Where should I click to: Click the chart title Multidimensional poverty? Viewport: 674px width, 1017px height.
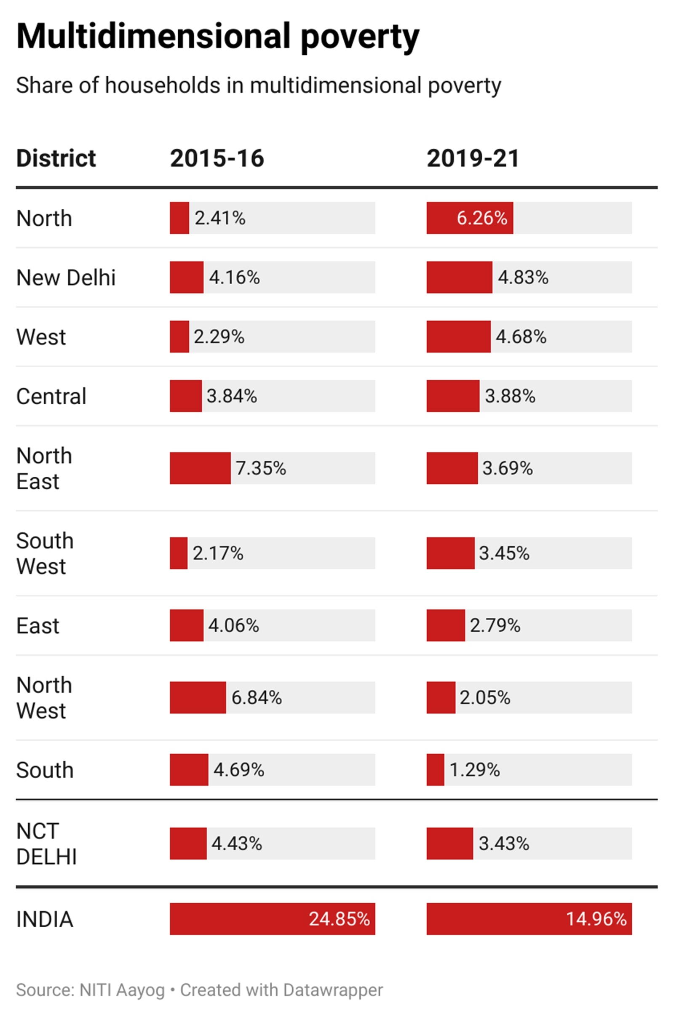tap(217, 37)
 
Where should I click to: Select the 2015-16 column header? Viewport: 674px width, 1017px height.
tap(217, 158)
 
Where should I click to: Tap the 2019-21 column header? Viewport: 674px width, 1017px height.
tap(473, 158)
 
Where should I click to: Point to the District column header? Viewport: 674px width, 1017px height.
tap(56, 158)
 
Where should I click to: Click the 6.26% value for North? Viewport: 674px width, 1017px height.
tap(481, 218)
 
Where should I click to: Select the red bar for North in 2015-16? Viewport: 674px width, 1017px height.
tap(179, 218)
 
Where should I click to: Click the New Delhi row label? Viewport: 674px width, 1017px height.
tap(66, 278)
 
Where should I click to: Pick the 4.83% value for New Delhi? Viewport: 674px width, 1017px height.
tap(523, 278)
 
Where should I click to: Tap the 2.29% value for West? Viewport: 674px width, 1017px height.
tap(219, 337)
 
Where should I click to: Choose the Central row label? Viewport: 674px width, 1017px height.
tap(51, 396)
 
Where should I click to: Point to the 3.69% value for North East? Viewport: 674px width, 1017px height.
tap(507, 468)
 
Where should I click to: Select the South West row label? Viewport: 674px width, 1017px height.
tap(45, 553)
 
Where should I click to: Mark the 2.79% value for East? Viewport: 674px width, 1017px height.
tap(495, 625)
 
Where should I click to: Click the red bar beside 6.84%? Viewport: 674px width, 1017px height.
tap(198, 697)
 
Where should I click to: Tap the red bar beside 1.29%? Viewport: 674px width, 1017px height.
tap(435, 769)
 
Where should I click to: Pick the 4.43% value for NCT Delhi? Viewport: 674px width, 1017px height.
tap(236, 843)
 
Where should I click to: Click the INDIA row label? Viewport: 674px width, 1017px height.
tap(45, 919)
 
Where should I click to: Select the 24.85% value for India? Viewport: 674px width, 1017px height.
tap(339, 919)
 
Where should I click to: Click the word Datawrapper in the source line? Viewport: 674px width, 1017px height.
tap(333, 990)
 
